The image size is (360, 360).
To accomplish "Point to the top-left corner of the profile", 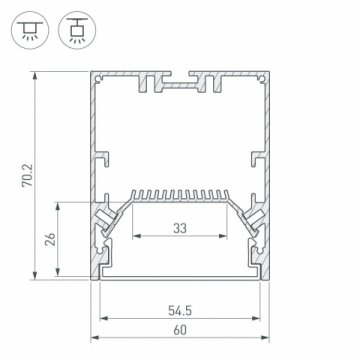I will click(x=94, y=73).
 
